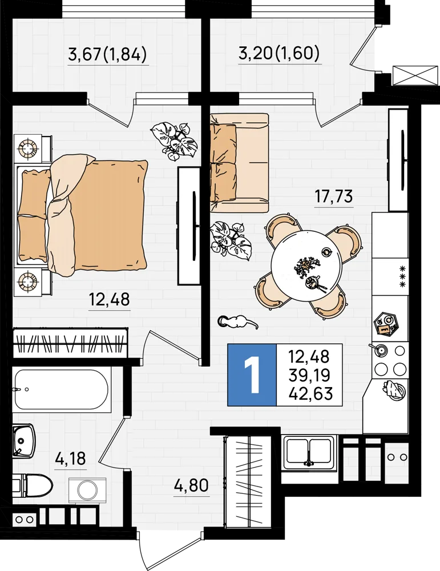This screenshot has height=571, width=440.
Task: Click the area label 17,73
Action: click(x=334, y=196)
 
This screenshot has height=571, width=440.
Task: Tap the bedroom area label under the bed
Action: click(x=110, y=299)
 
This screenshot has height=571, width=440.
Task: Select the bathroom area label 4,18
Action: click(x=71, y=459)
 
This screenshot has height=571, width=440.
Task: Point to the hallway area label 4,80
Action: click(x=191, y=485)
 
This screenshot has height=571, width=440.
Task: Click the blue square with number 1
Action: click(x=252, y=375)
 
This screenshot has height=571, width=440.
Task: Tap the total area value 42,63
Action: click(x=310, y=393)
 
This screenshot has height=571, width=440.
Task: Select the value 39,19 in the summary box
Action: click(x=309, y=375)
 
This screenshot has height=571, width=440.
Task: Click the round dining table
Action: click(x=306, y=266)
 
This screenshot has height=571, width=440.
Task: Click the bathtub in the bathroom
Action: click(x=61, y=389)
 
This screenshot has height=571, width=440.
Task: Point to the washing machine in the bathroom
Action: click(x=87, y=490)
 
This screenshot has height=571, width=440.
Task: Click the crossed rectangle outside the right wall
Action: click(x=415, y=75)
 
